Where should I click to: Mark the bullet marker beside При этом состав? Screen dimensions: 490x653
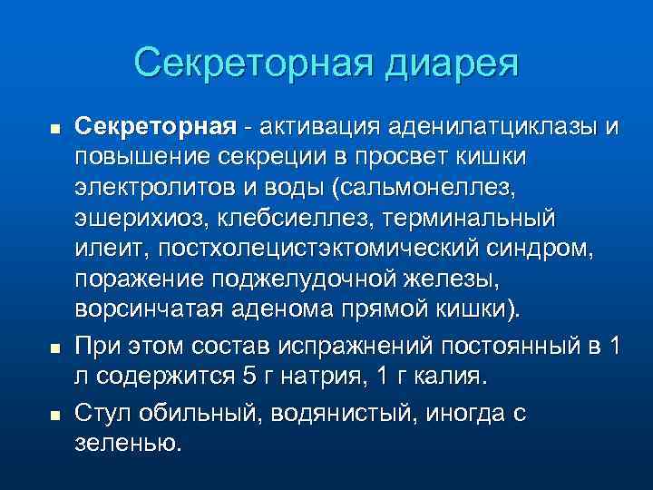[54, 347]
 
